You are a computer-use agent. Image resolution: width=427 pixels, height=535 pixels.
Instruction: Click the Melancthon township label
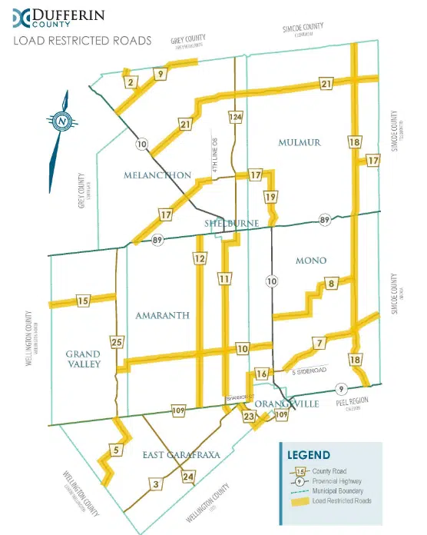click(157, 175)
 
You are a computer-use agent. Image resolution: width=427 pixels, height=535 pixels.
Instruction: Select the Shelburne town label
click(230, 223)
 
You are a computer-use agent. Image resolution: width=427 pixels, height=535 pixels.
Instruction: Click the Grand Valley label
click(83, 359)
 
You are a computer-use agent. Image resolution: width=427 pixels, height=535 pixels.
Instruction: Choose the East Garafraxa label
click(181, 455)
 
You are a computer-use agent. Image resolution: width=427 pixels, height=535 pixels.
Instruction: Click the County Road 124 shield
click(236, 117)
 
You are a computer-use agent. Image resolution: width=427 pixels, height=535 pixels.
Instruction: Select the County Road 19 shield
click(270, 198)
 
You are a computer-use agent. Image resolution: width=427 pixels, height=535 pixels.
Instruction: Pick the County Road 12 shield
click(200, 259)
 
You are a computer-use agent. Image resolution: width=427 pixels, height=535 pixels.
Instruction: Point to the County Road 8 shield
click(331, 284)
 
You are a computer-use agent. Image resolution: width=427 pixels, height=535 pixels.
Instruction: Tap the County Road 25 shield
click(117, 341)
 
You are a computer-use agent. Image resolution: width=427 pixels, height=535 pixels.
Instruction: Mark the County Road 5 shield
click(115, 450)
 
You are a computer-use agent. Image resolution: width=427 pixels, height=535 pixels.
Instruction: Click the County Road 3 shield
click(156, 483)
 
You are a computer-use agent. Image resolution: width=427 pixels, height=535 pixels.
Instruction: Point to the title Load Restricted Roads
click(82, 40)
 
